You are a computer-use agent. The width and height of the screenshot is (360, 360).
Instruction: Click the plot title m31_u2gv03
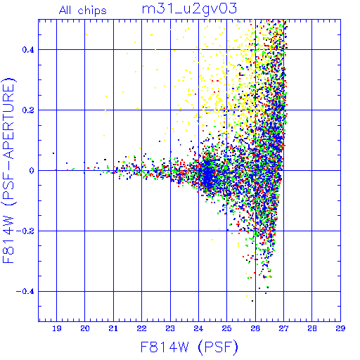(x=189, y=9)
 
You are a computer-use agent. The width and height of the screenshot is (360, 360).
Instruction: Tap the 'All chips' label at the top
(x=82, y=11)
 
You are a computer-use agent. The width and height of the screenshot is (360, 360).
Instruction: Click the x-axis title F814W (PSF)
(x=189, y=347)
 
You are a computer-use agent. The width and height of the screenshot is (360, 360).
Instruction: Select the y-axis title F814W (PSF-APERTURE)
(x=9, y=170)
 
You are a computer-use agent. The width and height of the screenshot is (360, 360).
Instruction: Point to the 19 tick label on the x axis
(x=57, y=328)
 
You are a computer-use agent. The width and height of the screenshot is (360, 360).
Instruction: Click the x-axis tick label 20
(x=85, y=328)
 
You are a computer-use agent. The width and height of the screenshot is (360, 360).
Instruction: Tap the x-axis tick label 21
(x=113, y=328)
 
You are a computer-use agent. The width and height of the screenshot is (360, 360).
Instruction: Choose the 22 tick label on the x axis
(x=142, y=328)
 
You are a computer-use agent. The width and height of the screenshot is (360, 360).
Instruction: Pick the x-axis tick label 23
(x=170, y=328)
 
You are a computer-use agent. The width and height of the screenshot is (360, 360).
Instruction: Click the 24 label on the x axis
(x=198, y=328)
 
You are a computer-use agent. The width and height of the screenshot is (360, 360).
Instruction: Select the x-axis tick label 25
(x=227, y=328)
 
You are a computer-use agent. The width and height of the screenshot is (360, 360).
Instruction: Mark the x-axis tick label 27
(x=283, y=328)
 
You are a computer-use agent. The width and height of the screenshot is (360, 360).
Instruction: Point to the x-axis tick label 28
(x=312, y=328)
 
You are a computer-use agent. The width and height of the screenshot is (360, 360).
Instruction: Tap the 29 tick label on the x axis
(x=340, y=328)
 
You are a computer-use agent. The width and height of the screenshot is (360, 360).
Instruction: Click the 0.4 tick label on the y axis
(x=28, y=49)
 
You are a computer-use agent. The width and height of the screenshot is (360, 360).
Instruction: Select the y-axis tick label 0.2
(x=28, y=110)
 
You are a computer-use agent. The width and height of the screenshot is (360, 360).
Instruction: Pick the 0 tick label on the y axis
(x=32, y=170)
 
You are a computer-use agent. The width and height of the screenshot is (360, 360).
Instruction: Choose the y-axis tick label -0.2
(x=25, y=231)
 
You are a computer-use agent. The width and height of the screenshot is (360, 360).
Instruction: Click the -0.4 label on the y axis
(x=25, y=291)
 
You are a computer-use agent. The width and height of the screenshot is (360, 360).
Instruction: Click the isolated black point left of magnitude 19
(x=53, y=153)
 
